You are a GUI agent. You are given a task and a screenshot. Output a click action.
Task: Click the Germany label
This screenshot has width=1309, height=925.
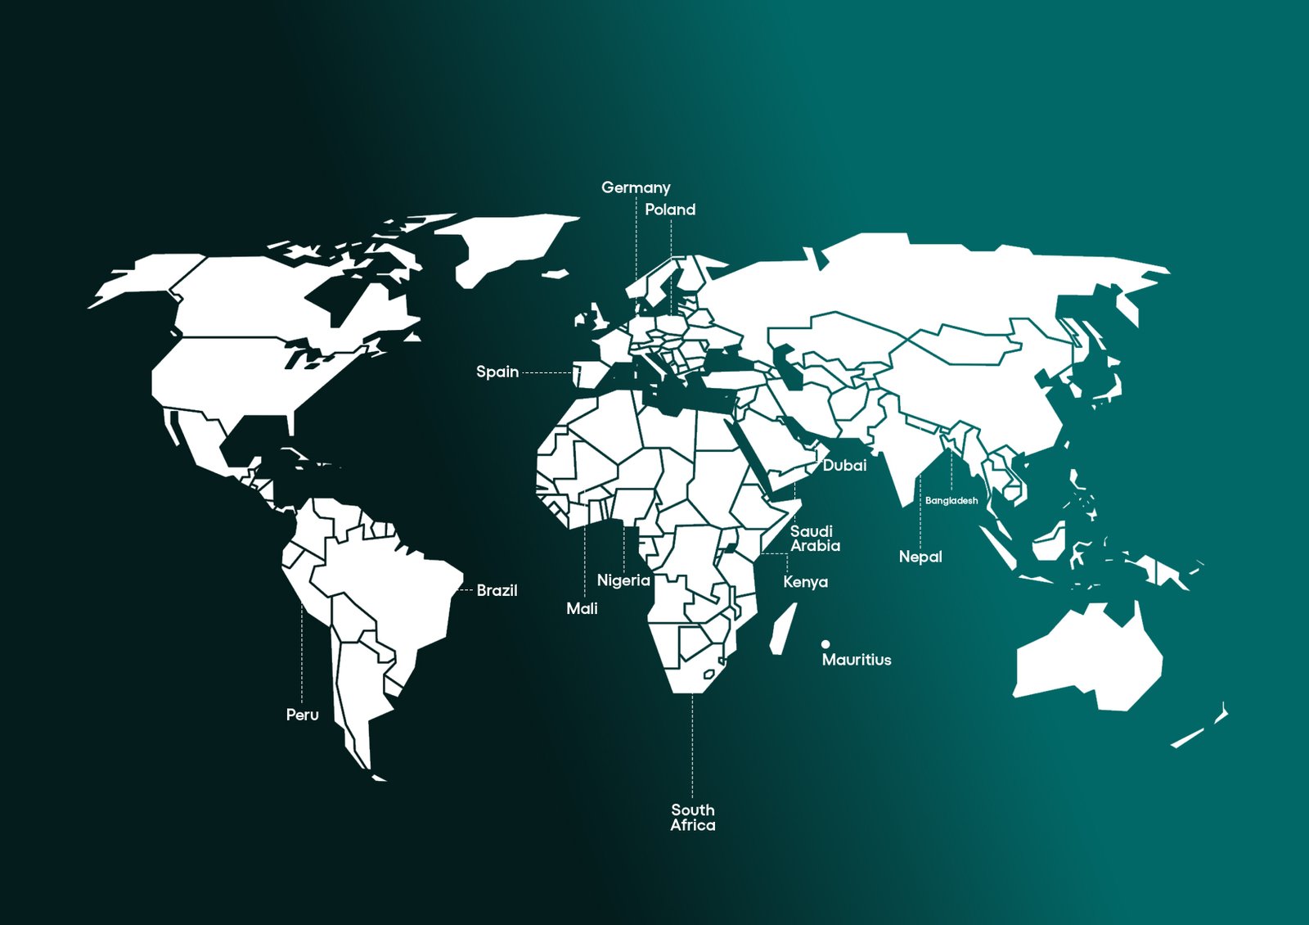[636, 187]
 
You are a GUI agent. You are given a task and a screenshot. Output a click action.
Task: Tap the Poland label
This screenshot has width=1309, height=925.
[670, 210]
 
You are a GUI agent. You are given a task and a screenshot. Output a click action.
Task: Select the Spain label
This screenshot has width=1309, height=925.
[497, 372]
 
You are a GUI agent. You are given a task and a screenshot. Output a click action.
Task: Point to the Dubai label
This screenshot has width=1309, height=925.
[844, 465]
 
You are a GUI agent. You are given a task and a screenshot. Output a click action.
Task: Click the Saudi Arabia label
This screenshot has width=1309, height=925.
[814, 539]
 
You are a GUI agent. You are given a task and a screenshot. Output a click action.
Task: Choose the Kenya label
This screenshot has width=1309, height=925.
[805, 582]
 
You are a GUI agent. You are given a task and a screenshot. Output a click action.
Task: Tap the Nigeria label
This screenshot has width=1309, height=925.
[623, 580]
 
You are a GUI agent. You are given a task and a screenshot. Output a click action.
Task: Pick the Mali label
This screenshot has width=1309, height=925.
[582, 608]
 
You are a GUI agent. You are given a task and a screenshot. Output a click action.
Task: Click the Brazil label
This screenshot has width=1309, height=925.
[497, 590]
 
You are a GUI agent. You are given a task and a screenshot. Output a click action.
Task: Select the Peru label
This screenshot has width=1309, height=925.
[302, 715]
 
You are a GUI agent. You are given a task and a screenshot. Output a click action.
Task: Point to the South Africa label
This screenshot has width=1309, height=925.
[693, 818]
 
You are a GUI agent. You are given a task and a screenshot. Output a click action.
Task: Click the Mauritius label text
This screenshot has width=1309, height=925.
[857, 660]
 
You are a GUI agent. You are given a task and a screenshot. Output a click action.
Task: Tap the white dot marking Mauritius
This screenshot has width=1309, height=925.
[825, 644]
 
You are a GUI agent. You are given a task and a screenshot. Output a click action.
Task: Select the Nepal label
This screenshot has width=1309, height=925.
[920, 557]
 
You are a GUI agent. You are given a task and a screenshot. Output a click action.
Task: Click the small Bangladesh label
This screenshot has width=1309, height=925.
[951, 500]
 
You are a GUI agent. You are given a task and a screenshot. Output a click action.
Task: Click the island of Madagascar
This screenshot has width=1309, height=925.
[783, 629]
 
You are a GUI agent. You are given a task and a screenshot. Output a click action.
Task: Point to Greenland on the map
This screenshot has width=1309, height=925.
[507, 241]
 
